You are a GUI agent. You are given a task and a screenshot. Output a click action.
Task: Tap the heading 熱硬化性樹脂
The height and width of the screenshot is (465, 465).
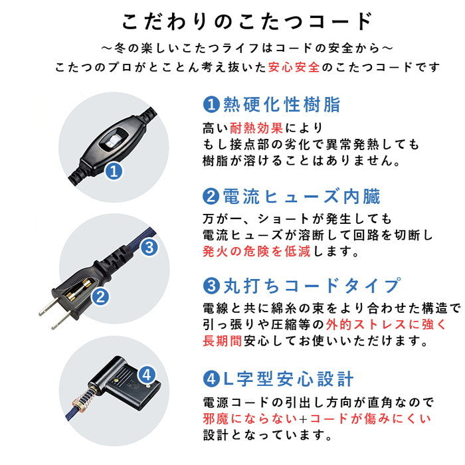(282, 104)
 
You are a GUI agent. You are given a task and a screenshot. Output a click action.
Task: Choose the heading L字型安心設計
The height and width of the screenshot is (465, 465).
(288, 380)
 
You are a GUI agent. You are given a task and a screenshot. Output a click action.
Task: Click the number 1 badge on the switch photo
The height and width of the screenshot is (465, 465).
(115, 171)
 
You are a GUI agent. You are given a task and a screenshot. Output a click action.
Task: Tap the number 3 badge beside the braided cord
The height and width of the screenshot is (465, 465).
(150, 248)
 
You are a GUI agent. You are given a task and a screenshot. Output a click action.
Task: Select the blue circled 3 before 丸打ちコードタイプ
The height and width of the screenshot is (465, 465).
(210, 286)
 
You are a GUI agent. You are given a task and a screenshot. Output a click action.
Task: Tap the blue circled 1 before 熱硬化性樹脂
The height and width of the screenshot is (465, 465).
(210, 104)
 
